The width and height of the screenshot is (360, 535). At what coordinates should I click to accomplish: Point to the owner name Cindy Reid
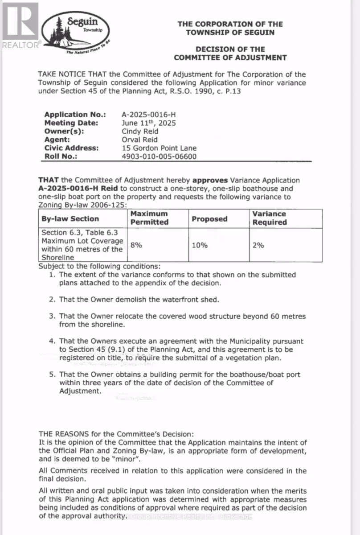click(140, 132)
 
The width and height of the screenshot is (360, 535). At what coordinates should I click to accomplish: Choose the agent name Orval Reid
click(140, 140)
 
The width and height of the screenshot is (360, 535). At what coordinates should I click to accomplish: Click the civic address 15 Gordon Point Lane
click(159, 148)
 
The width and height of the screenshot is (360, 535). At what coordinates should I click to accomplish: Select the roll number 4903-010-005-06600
click(159, 156)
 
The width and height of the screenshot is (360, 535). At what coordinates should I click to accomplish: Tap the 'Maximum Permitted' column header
click(149, 218)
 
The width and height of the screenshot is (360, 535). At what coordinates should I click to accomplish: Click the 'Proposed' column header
click(209, 219)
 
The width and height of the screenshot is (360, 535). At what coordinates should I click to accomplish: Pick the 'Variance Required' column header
click(270, 218)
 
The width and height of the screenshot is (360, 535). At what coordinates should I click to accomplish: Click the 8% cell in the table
click(136, 245)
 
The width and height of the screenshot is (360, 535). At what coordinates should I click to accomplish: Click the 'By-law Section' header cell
click(70, 219)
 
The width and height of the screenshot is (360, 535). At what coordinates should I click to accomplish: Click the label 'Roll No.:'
click(61, 156)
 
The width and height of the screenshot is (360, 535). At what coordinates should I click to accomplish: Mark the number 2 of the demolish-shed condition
click(52, 299)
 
